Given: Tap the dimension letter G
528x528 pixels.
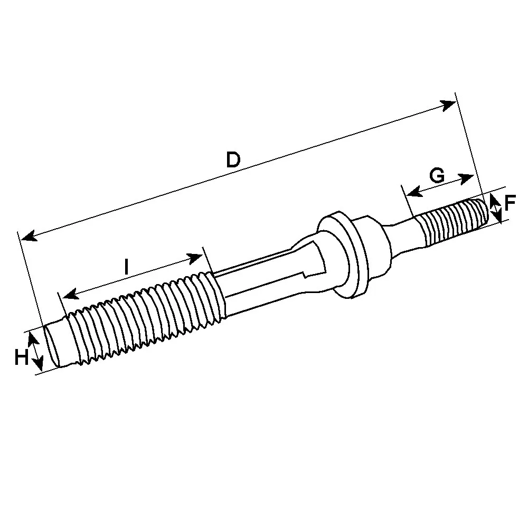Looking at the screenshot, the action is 437,175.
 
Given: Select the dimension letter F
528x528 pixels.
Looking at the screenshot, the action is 510,203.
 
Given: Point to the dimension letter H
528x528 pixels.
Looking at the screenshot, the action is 22,357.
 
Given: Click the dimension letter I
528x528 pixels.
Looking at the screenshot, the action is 126,267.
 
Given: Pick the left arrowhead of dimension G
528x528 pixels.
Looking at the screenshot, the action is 414,192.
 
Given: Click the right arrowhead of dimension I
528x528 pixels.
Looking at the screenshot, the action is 195,259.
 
